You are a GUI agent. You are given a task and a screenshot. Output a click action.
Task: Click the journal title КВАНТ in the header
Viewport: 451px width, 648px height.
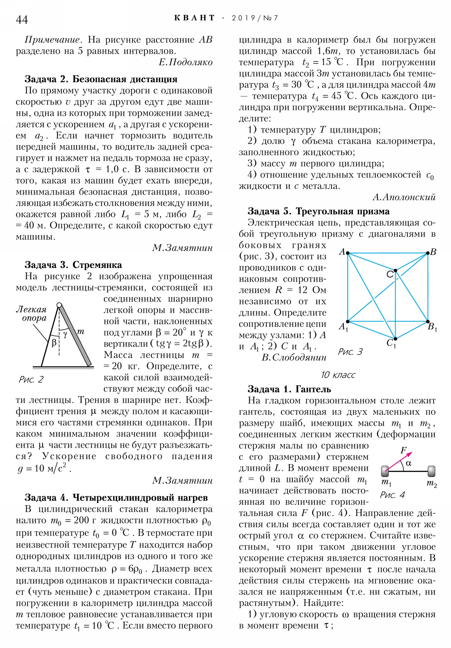[x=194, y=18]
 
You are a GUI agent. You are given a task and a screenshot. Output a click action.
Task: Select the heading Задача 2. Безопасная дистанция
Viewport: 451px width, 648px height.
[x=101, y=79]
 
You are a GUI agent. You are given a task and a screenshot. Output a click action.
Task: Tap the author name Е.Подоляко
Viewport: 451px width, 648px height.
[x=185, y=62]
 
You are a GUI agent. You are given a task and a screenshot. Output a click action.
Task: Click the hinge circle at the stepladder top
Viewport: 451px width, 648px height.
[x=59, y=305]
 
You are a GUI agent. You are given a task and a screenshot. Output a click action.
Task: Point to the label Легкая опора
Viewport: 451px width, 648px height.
[x=32, y=314]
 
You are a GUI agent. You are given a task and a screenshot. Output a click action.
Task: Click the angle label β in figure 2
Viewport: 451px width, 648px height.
[x=54, y=343]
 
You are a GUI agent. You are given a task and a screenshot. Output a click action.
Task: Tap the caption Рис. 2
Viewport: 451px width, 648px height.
[x=31, y=379]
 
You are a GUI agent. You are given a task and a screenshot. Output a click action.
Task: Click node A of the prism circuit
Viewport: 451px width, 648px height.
[x=348, y=253]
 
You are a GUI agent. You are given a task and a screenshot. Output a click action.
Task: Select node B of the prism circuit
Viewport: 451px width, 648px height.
[x=428, y=253]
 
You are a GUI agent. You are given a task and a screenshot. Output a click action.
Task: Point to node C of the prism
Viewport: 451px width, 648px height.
[x=395, y=270]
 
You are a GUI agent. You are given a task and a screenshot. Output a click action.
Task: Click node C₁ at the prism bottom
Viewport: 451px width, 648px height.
[x=395, y=339]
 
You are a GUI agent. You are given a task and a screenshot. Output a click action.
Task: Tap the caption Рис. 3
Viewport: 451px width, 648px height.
[x=350, y=352]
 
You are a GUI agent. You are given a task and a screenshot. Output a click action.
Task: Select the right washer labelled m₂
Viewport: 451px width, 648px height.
[x=431, y=471]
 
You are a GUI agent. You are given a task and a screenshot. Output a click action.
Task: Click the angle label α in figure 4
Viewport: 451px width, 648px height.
[x=408, y=463]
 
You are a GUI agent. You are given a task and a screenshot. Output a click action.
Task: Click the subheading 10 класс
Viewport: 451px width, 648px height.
[x=338, y=375]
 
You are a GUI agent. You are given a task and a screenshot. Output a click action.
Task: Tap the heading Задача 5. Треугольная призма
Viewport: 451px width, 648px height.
[x=318, y=211]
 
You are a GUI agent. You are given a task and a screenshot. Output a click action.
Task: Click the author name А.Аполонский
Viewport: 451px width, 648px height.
[x=404, y=197]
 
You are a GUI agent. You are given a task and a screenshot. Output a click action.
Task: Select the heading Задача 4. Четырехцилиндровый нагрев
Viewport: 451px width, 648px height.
[x=116, y=498]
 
